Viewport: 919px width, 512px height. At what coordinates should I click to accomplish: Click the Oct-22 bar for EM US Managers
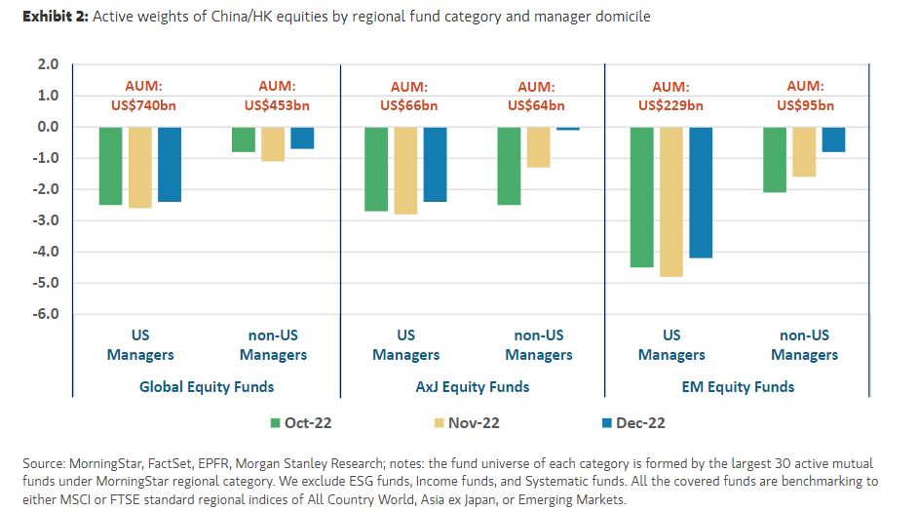click(x=642, y=196)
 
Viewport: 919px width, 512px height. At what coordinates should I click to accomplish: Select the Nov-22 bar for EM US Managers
click(x=671, y=201)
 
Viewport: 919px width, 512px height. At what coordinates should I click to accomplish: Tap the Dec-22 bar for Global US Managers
click(x=170, y=164)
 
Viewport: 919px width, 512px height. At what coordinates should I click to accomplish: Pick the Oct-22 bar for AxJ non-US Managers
click(x=509, y=166)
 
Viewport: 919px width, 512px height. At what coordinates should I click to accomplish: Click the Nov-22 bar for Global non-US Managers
click(x=273, y=143)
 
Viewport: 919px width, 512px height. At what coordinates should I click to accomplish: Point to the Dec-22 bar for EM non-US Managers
click(x=833, y=139)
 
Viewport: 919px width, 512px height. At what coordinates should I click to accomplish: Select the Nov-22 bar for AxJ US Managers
click(x=405, y=170)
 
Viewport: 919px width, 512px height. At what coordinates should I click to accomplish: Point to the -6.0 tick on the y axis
click(x=48, y=314)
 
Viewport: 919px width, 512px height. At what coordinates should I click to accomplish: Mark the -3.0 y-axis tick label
click(x=48, y=220)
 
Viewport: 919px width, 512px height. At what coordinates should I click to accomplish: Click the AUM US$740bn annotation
click(x=140, y=96)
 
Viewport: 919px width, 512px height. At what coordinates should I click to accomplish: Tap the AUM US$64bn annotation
click(x=538, y=96)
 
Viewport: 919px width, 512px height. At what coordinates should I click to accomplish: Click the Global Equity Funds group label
click(x=207, y=386)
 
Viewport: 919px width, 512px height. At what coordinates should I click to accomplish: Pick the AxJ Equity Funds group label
click(x=472, y=386)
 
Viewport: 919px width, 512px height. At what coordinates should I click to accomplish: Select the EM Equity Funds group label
click(x=739, y=386)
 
